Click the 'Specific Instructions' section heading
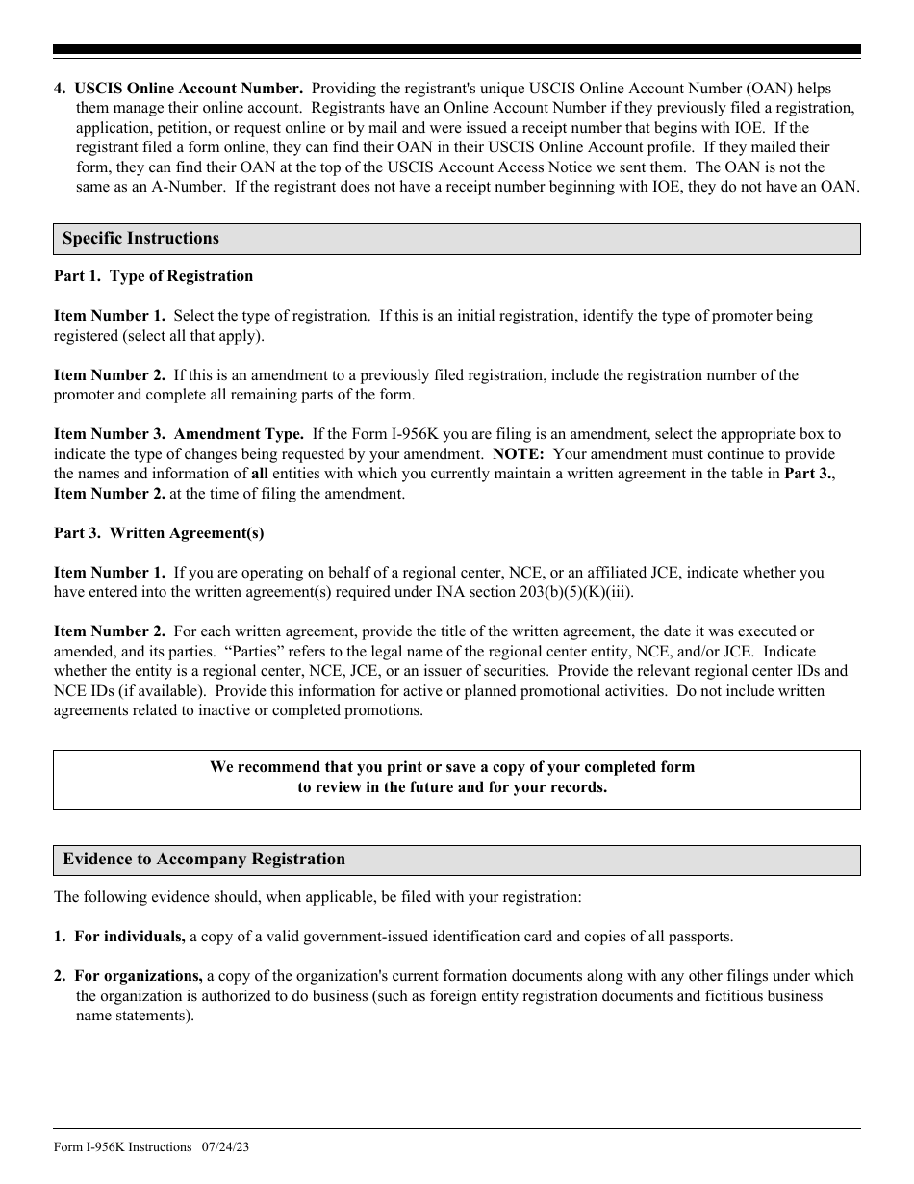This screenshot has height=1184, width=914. [140, 239]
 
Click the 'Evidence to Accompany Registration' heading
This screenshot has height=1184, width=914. [203, 860]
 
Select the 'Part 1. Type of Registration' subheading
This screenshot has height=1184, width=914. [153, 276]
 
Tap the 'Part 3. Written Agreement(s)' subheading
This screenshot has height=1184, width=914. [159, 533]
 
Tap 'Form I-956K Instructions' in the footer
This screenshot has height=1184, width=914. [122, 1147]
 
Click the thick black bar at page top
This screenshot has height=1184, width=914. [456, 49]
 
